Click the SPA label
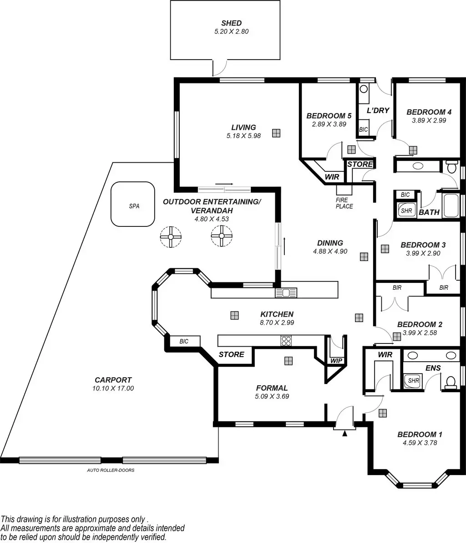click(x=134, y=206)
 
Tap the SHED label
click(x=231, y=23)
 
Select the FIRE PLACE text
click(x=342, y=203)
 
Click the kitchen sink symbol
click(x=286, y=292)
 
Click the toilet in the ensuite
click(x=451, y=382)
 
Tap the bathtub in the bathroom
click(x=451, y=205)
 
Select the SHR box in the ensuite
click(x=413, y=380)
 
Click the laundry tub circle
click(x=363, y=89)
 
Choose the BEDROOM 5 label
click(x=329, y=116)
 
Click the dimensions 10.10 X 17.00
click(x=113, y=389)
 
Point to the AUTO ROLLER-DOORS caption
click(x=111, y=470)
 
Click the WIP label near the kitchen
click(x=336, y=361)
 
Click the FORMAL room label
click(x=272, y=388)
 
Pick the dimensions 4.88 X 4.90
click(x=330, y=251)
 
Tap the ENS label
click(x=433, y=368)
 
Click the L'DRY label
click(x=378, y=110)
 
